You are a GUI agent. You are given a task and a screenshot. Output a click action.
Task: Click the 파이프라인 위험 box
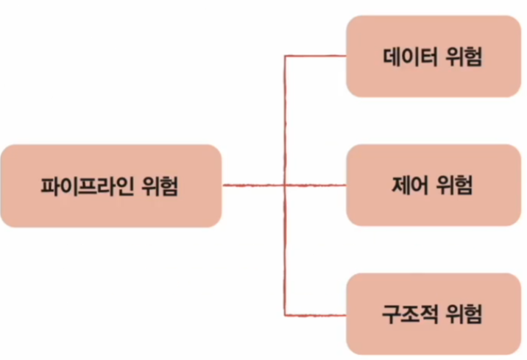(110, 186)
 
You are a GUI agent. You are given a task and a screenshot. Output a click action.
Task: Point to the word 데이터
(409, 57)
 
